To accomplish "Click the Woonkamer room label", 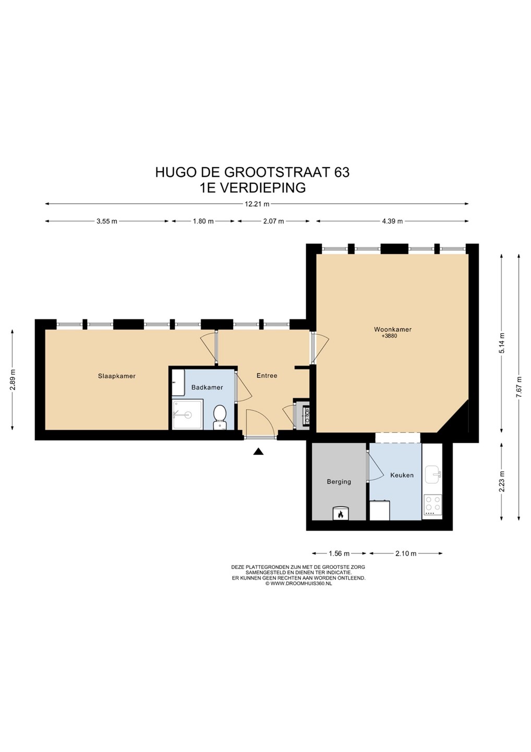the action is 393,330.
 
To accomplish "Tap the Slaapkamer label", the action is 117,376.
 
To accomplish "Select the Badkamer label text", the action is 207,387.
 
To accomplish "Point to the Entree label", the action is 267,375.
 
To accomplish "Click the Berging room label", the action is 339,481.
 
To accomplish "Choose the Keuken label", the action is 402,475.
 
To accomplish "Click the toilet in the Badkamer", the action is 220,417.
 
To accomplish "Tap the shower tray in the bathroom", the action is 187,414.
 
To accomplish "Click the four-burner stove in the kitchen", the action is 432,506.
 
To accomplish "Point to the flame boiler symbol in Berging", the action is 340,513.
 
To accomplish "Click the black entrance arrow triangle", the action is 258,452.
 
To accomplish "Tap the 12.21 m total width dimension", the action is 257,204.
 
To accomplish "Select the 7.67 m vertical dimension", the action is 520,387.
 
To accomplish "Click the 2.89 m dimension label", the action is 13,379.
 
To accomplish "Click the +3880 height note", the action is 389,336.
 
